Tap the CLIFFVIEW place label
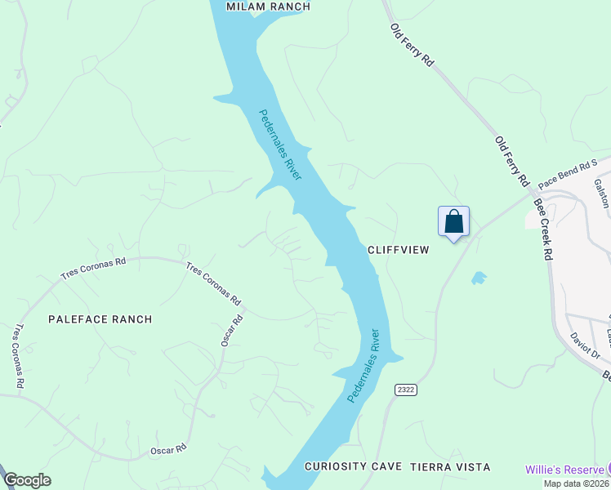[398, 250]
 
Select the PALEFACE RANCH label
[100, 319]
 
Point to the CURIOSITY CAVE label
[353, 467]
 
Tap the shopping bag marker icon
[454, 222]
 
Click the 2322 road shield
[406, 390]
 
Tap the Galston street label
[601, 194]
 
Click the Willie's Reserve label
[564, 469]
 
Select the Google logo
[27, 480]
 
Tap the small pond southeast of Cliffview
[479, 278]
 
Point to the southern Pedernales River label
[364, 365]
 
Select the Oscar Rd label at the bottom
[169, 449]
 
